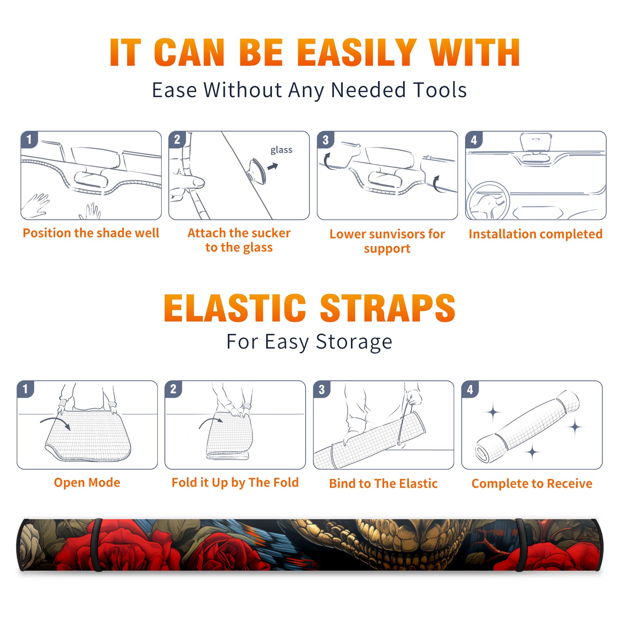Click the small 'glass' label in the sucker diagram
281,150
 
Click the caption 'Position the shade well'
91,233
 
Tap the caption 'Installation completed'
535,234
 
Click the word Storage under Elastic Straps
354,342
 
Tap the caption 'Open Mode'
87,482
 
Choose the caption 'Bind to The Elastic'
383,483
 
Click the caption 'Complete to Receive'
532,483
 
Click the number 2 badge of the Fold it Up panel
173,389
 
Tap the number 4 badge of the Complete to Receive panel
470,389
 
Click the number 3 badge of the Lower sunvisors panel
325,140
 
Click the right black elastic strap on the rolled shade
520,545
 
